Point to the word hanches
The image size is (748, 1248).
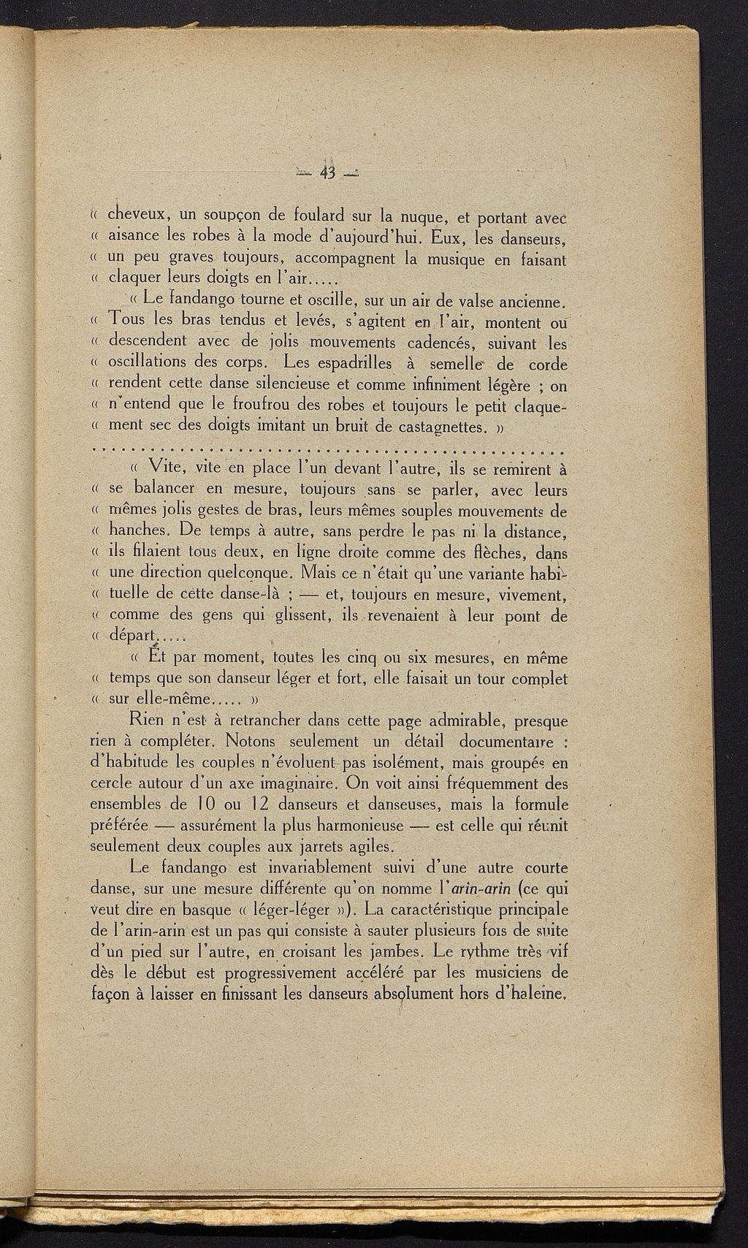click(x=140, y=530)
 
